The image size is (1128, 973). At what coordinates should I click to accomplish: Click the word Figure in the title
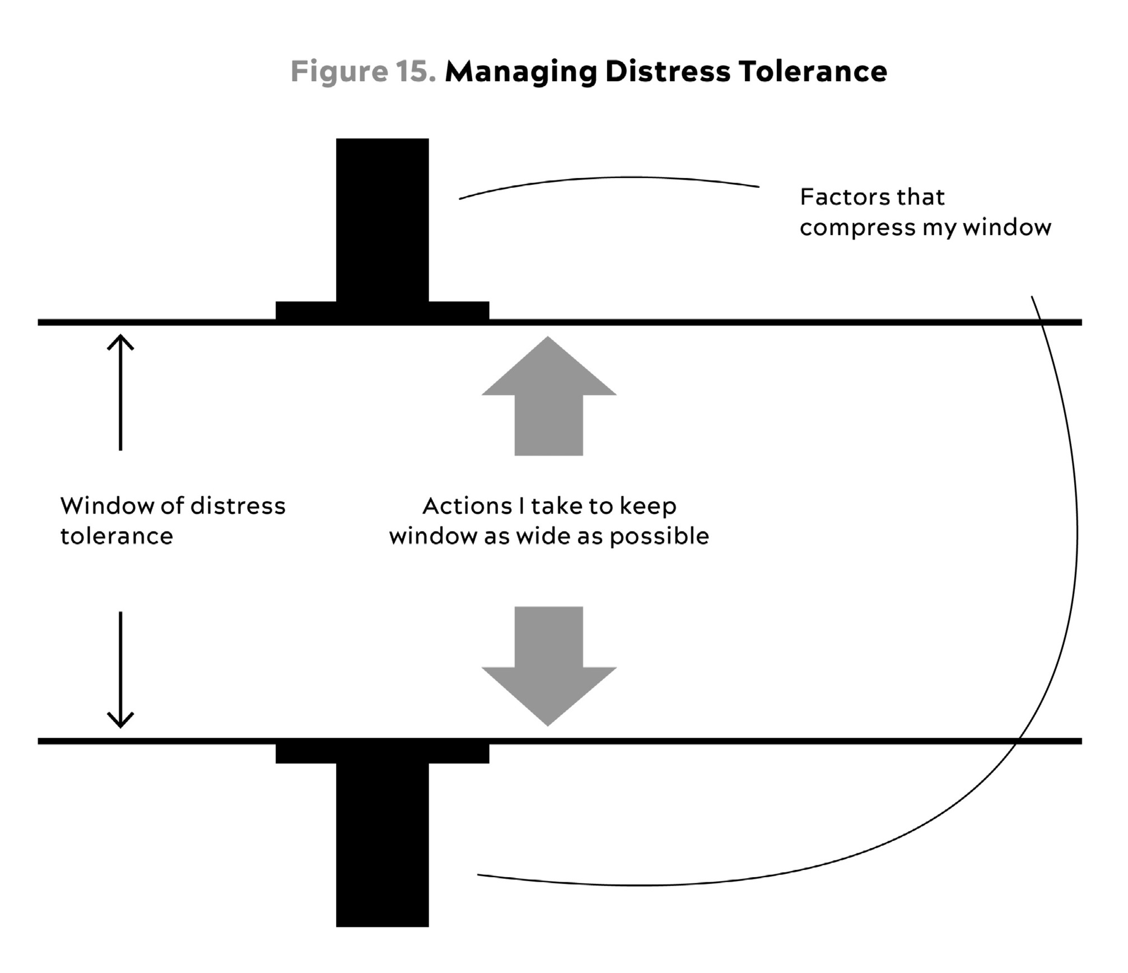tap(339, 72)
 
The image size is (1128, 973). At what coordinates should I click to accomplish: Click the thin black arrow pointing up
tap(120, 392)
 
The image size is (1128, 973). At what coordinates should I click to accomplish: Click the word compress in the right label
tap(857, 228)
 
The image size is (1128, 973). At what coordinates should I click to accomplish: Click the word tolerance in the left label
tap(116, 537)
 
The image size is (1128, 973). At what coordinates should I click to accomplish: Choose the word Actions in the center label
tap(467, 506)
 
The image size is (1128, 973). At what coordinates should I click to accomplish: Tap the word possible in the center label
tap(659, 537)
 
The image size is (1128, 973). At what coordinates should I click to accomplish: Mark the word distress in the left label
tap(238, 506)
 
